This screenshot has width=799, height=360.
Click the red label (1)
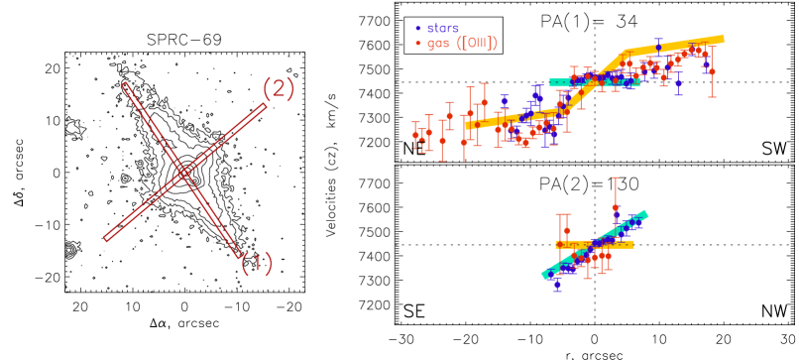point(257,264)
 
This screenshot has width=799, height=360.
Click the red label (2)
point(279,89)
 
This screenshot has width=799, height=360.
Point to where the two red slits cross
point(183,173)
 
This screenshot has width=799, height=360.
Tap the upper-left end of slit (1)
point(125,84)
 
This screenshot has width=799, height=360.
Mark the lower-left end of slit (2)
point(106,238)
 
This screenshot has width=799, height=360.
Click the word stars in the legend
point(443,28)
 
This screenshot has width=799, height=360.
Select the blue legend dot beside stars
point(418,28)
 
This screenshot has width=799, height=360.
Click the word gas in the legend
point(438,43)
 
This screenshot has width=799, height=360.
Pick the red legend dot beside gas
point(418,43)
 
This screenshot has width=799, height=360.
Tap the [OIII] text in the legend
point(477,43)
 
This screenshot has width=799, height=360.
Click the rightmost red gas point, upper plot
point(712,71)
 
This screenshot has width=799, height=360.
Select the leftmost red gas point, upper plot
point(415,135)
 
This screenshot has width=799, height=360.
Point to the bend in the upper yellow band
point(626,53)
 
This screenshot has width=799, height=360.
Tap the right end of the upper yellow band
point(722,40)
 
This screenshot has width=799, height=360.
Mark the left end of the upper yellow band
point(467,125)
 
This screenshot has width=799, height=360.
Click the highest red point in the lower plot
point(615,207)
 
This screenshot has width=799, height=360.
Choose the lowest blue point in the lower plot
point(557,284)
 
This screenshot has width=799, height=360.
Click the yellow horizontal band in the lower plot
point(595,244)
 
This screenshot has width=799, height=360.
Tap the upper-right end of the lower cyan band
point(645,213)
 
